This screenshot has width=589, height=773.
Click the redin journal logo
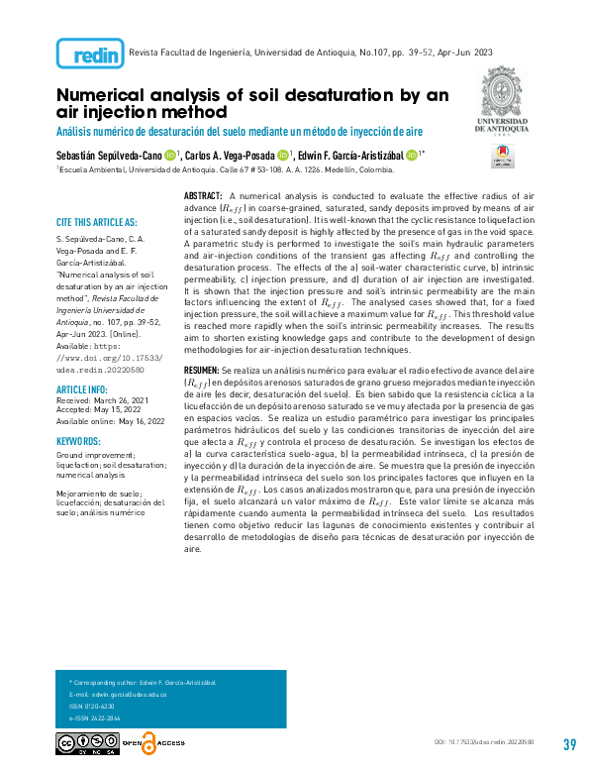(89, 52)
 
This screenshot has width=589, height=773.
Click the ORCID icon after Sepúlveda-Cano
(170, 155)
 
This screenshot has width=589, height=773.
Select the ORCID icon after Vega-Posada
(284, 155)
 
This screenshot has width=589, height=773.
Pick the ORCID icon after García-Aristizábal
(412, 155)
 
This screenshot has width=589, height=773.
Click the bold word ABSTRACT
(204, 198)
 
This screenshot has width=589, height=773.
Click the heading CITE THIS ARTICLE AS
(96, 222)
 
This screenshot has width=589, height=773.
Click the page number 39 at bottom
(568, 745)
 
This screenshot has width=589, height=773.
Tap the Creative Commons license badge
(85, 743)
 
